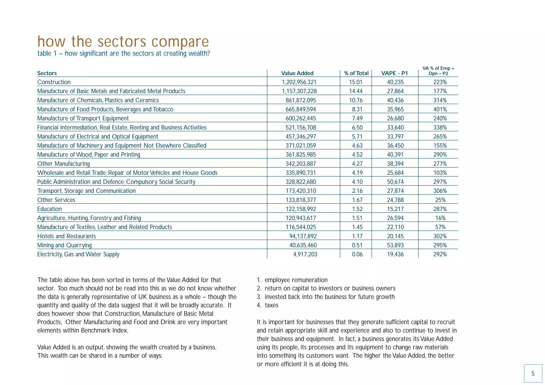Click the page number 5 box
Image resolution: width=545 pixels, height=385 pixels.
(x=533, y=374)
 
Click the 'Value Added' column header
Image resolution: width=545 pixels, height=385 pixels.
(x=297, y=73)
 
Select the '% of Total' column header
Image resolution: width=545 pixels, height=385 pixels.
(x=356, y=73)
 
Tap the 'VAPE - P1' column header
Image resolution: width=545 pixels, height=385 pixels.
(x=394, y=73)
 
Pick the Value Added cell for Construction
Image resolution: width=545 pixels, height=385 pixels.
(x=299, y=82)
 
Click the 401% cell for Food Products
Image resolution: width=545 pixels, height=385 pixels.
(x=440, y=109)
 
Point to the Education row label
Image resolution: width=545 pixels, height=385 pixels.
(x=49, y=209)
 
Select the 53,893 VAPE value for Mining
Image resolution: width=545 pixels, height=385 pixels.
(x=395, y=245)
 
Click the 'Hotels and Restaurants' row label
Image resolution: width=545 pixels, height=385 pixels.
(x=67, y=236)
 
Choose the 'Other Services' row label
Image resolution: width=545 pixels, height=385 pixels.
(x=56, y=200)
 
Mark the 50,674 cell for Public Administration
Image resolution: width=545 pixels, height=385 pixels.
(x=395, y=182)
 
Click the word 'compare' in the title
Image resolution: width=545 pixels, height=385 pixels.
(x=180, y=42)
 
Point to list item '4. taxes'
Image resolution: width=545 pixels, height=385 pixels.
(x=268, y=305)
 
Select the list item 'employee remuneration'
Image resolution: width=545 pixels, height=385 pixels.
(x=296, y=280)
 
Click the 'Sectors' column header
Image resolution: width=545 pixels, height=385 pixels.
(x=47, y=73)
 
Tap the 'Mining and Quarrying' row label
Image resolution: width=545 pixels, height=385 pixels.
(x=64, y=245)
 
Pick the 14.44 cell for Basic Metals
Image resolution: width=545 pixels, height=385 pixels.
(x=356, y=91)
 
